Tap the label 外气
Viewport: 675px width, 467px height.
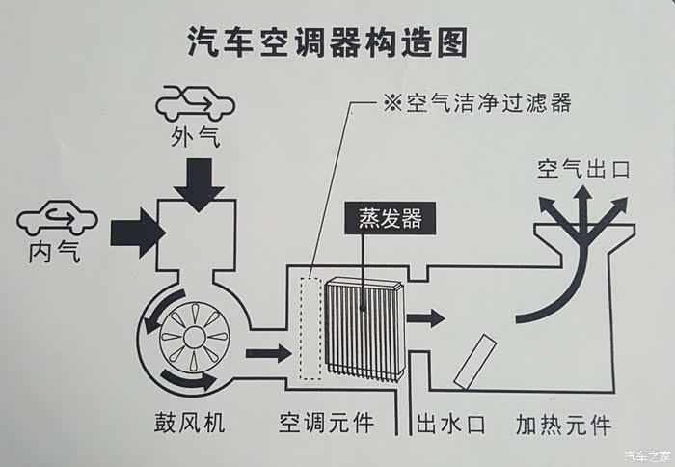[195, 137]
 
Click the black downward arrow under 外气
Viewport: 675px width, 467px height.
[200, 183]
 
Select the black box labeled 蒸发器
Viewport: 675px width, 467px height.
[383, 219]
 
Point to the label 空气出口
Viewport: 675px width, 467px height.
[584, 170]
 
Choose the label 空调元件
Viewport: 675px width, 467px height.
[326, 425]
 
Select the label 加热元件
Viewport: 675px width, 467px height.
[563, 425]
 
